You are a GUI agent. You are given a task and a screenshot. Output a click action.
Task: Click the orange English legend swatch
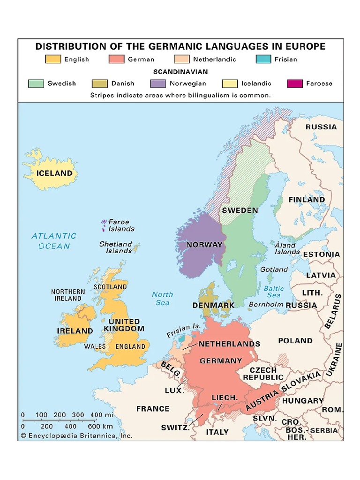pos(53,60)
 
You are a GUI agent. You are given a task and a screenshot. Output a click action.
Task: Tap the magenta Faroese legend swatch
pos(295,83)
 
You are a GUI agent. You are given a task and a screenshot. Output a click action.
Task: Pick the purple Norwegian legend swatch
pos(158,83)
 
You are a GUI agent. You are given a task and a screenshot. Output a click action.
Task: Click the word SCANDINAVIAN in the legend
pos(180,72)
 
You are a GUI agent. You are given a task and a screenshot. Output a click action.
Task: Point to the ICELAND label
pos(54,173)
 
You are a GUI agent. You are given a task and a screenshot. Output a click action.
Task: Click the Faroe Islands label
pos(121,225)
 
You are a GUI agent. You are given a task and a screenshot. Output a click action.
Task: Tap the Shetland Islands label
pos(115,247)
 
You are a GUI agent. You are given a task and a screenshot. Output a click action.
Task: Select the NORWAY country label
pos(204,245)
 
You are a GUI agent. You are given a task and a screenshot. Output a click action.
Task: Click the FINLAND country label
pos(307,200)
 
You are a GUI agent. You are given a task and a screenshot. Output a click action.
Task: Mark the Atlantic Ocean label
pos(54,241)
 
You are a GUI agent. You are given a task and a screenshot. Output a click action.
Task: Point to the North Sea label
pos(162,299)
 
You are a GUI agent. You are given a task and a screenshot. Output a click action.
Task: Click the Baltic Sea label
pos(273,292)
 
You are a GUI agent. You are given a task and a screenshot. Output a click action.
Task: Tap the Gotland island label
pos(274,270)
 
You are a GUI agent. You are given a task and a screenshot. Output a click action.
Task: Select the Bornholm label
pos(266,304)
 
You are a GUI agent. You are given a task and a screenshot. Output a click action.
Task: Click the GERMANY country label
pos(221,361)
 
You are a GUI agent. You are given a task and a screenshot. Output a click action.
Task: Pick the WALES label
pos(95,346)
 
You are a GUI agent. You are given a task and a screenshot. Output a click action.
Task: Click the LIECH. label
pos(225,397)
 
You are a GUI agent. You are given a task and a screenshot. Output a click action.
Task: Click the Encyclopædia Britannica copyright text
pos(76,435)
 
